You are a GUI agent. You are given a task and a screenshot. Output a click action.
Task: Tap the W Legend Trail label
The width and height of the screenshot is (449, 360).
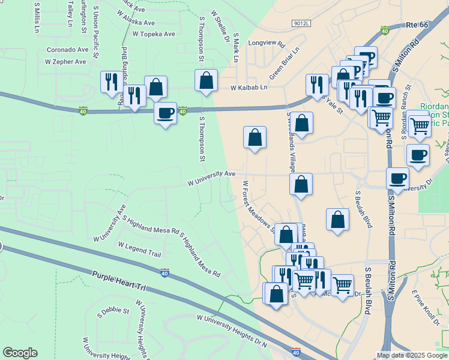point(140,250)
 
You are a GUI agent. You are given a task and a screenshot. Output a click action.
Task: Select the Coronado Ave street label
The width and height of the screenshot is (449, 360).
point(68,50)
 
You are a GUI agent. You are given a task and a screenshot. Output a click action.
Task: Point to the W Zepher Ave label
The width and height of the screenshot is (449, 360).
point(65,61)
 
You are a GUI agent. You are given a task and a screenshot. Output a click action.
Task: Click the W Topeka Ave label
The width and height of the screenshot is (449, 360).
point(154,34)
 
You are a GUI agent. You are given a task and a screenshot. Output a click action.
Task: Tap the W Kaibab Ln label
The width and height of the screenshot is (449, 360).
point(249,87)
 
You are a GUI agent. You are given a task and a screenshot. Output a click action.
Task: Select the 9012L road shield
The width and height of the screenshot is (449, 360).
point(301,23)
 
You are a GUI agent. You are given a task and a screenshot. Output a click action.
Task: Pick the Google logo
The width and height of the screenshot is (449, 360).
point(20,353)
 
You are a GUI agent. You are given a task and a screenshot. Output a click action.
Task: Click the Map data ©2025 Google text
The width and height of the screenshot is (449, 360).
point(412,355)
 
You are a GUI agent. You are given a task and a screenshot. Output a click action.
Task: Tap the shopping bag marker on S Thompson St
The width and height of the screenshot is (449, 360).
point(206,80)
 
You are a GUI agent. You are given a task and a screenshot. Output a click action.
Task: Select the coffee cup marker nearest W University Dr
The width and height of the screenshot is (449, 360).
point(397,178)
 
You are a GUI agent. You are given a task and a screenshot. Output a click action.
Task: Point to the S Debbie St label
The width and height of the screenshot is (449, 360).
point(113,311)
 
